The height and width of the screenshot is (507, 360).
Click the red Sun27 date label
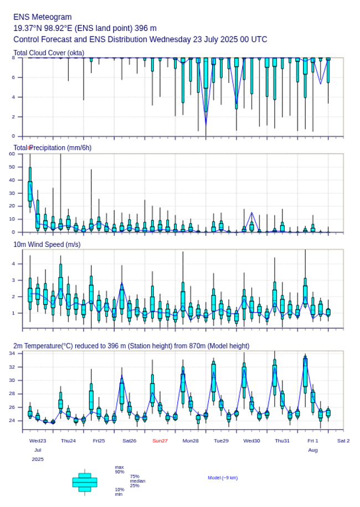pos(160,441)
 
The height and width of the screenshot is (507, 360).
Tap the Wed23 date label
pos(38,441)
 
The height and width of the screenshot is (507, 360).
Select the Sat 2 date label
pos(343,441)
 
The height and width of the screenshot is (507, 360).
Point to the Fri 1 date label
pos(313,441)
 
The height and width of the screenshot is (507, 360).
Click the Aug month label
pos(313,450)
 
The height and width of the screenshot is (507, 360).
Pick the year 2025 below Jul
pos(38,459)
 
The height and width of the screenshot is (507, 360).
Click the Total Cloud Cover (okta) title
pos(49,53)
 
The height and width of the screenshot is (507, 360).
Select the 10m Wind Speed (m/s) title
pos(47,244)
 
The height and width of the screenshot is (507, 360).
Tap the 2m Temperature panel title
pos(131,346)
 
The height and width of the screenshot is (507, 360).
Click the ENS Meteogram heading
pos(42,17)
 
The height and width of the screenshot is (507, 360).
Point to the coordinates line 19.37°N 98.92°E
pos(85,28)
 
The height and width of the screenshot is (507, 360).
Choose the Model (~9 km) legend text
pos(223,478)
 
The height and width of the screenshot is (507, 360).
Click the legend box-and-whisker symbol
pos(85,482)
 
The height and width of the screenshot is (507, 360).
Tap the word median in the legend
pos(137,481)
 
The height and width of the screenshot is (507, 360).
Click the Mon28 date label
pos(191,441)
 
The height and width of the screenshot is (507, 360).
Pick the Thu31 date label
pos(282,441)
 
